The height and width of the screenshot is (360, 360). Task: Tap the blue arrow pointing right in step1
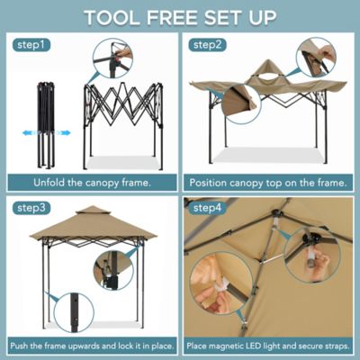pos(64,132)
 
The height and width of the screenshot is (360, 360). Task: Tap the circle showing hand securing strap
pos(215,286)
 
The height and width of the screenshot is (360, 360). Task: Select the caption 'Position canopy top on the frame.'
pos(269,181)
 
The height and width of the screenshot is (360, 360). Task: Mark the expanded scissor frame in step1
pos(123,117)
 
